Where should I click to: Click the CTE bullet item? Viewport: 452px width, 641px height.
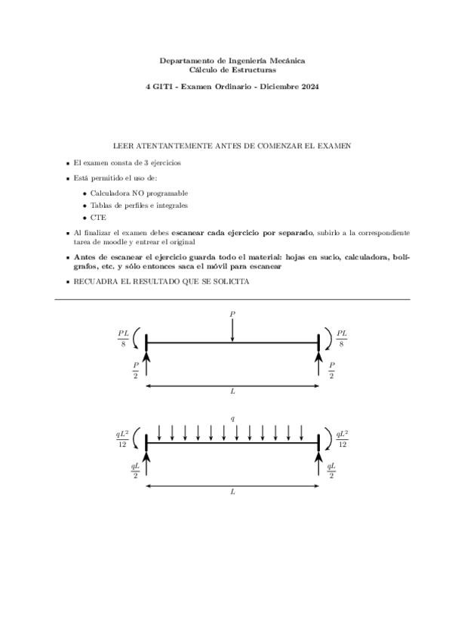97,217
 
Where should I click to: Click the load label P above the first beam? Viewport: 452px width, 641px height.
232,313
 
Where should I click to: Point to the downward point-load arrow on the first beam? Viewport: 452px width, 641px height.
232,330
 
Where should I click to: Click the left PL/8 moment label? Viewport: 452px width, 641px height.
124,338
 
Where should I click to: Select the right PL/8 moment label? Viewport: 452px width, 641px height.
342,338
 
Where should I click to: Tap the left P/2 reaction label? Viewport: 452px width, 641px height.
135,369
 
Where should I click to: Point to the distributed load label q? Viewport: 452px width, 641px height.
232,418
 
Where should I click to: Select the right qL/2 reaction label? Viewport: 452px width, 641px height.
331,469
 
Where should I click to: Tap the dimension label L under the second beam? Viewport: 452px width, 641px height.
232,492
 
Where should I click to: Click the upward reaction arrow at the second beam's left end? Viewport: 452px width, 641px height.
146,463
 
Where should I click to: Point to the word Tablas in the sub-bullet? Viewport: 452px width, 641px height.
101,205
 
